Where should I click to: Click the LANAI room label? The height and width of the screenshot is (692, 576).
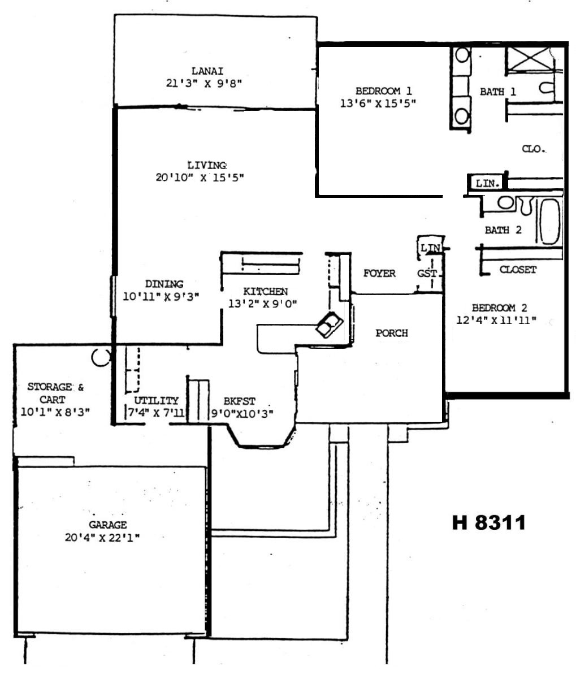(x=207, y=71)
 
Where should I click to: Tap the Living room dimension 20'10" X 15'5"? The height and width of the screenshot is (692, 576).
(x=200, y=178)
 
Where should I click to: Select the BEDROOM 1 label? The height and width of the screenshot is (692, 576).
(x=383, y=91)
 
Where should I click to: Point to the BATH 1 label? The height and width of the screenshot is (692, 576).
(x=498, y=92)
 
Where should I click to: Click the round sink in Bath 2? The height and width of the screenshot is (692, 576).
(x=505, y=202)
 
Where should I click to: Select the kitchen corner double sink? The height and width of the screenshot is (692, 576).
(x=329, y=325)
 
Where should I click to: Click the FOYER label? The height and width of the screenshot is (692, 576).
(x=379, y=274)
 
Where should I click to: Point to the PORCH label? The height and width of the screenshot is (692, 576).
(x=391, y=333)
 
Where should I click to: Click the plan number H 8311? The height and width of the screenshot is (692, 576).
(x=489, y=522)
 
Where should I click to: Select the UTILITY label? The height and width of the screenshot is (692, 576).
(x=156, y=401)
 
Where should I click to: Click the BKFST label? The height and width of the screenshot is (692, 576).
(x=239, y=401)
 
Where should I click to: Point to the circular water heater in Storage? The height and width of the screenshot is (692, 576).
(x=101, y=357)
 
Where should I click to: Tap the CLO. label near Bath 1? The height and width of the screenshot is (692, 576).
(x=533, y=149)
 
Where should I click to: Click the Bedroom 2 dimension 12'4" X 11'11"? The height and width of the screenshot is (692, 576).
(x=496, y=320)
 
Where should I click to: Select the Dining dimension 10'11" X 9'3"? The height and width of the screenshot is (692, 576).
(x=161, y=296)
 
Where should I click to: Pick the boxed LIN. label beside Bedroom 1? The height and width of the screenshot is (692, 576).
(x=487, y=183)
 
